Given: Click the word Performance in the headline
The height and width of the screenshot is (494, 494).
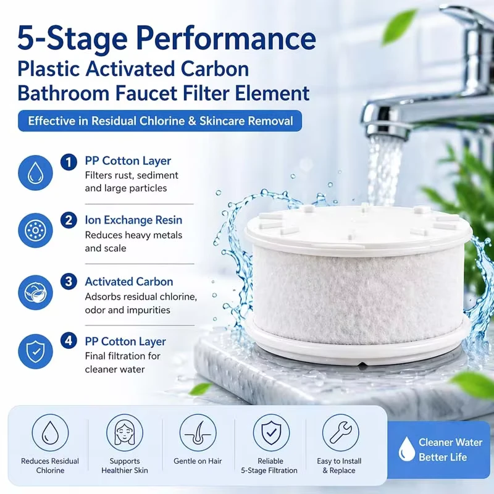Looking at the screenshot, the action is (x=225, y=38).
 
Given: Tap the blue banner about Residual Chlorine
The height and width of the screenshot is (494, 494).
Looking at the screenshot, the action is (x=160, y=120).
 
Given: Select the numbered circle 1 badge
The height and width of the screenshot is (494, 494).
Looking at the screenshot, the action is (x=69, y=162).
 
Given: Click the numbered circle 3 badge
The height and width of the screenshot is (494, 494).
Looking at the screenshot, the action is (x=69, y=282).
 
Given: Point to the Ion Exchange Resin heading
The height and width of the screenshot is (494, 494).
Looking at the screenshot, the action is (x=133, y=220).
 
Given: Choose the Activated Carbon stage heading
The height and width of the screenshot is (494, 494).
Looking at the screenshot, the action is (x=129, y=282).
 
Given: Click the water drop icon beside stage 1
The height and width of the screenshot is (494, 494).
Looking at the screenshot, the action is (x=35, y=173).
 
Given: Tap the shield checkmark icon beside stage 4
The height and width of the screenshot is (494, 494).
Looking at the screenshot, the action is (x=35, y=351).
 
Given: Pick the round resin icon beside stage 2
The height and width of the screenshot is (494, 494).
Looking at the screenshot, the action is (x=35, y=230).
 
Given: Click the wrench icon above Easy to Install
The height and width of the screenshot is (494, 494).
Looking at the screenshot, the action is (x=341, y=433).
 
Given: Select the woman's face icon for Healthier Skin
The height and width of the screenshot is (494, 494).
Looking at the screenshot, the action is (x=125, y=433).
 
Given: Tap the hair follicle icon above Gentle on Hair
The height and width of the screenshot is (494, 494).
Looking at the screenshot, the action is (x=198, y=433).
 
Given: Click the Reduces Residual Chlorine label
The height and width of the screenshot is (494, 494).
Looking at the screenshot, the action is (x=50, y=466).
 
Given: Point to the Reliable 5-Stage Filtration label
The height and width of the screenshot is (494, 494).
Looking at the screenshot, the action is (x=269, y=466).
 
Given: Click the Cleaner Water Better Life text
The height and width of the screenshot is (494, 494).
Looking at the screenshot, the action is (x=450, y=450).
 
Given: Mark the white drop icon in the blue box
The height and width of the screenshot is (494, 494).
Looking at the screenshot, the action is (x=406, y=449).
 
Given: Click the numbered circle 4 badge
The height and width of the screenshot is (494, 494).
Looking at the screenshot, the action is (x=69, y=341).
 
